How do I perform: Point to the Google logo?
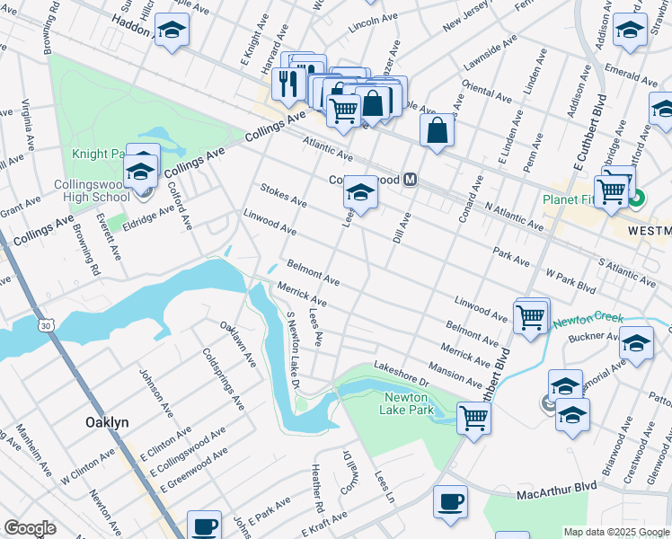[30, 528]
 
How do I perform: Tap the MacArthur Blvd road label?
[557, 490]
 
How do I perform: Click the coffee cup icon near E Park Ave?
[204, 525]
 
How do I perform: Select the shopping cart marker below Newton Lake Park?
[473, 416]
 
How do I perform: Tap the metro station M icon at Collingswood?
[411, 179]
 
